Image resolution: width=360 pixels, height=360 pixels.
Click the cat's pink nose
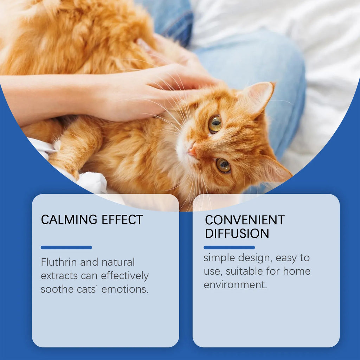(x=192, y=151)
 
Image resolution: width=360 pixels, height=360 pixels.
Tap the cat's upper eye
(x=215, y=124)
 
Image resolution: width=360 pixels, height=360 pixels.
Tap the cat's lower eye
(x=223, y=165)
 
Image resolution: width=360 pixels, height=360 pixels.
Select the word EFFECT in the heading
(x=122, y=220)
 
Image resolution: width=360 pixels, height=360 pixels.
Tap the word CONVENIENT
(x=245, y=220)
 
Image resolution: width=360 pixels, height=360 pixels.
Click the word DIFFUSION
(x=237, y=233)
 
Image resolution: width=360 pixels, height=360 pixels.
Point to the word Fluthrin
(x=59, y=262)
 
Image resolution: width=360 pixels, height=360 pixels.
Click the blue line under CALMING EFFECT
(x=66, y=247)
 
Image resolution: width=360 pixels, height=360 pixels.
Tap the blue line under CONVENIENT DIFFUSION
(x=229, y=247)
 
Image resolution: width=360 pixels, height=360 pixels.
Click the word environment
(x=235, y=285)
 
